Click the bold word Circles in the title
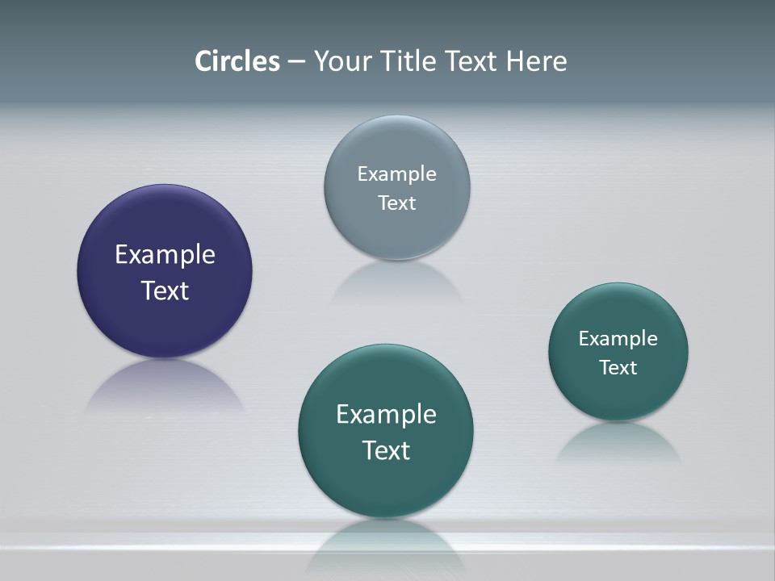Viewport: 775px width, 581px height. (x=237, y=61)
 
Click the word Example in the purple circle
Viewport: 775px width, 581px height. (x=165, y=255)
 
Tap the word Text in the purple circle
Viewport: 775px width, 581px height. (x=165, y=290)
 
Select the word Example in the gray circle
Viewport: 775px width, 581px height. (x=396, y=174)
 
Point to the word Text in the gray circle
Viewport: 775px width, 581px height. (x=396, y=203)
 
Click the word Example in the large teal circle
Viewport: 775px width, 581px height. (x=386, y=415)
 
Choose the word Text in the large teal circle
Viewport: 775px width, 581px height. (x=386, y=450)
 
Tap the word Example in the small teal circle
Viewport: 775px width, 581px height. (x=618, y=339)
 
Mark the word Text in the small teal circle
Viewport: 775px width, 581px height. (x=618, y=368)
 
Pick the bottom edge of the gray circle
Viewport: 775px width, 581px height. (x=396, y=258)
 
